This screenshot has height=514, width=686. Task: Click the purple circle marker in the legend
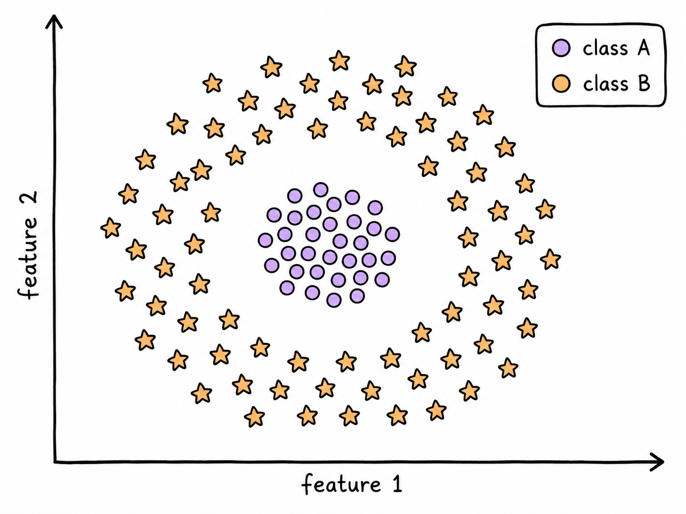[x=561, y=48]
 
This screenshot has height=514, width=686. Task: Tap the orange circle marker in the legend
[x=561, y=84]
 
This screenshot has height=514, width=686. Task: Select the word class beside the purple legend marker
[x=605, y=49]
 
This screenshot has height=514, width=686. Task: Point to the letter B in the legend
[x=644, y=83]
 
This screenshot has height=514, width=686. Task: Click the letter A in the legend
[x=643, y=48]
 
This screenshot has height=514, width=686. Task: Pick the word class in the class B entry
[x=605, y=84]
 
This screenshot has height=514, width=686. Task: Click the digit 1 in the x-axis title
[x=397, y=484]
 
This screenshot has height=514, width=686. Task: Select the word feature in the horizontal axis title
[x=341, y=484]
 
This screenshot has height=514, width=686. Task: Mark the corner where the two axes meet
[x=54, y=461]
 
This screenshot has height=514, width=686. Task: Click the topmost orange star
[x=339, y=60]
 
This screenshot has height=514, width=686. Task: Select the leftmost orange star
[x=111, y=228]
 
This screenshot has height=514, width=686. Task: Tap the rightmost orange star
[x=551, y=259]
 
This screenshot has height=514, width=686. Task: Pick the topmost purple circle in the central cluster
[x=321, y=190]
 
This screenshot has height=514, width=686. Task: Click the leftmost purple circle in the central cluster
[x=265, y=240]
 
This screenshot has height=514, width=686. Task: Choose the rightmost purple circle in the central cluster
[x=392, y=234]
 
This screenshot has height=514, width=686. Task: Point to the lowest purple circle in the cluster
[x=334, y=300]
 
